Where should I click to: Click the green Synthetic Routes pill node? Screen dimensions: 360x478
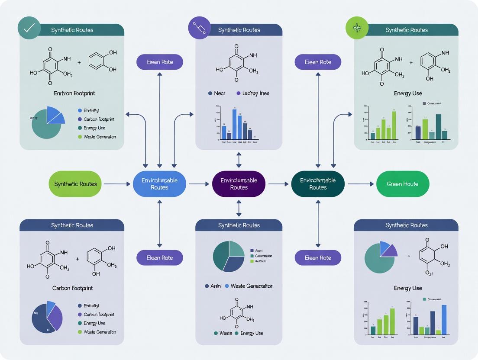[x=75, y=184]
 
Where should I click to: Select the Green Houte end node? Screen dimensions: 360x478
[x=402, y=184]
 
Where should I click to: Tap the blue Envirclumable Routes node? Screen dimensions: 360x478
[x=159, y=184]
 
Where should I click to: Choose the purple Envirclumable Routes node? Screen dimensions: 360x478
[x=239, y=184]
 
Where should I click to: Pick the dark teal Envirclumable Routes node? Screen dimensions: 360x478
[x=318, y=184]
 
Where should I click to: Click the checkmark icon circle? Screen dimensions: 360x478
[x=29, y=29]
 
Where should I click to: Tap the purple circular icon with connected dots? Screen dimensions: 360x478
[x=200, y=29]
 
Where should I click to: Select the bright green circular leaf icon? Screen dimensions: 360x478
[x=357, y=29]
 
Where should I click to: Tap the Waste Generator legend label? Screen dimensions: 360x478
[x=251, y=286]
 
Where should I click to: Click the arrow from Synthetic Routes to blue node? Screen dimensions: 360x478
[x=117, y=184]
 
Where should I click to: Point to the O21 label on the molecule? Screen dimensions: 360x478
[x=429, y=273]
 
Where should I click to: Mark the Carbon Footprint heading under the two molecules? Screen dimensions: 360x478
[x=72, y=288]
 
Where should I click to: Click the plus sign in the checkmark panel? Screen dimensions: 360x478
[x=79, y=63]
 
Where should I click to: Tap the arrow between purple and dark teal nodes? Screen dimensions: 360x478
[x=278, y=184]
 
